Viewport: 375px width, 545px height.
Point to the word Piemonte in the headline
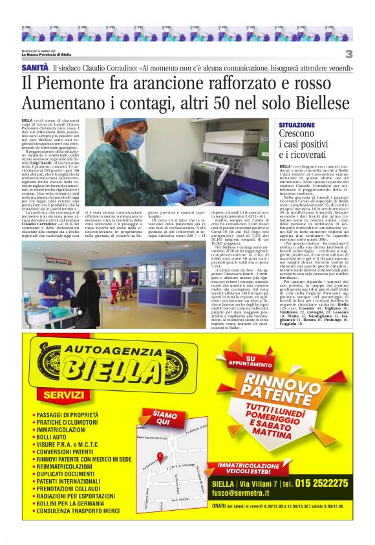click(x=85, y=84)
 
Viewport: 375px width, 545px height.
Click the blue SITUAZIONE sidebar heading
click(x=297, y=124)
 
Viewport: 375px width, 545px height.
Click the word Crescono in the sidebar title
click(x=297, y=134)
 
